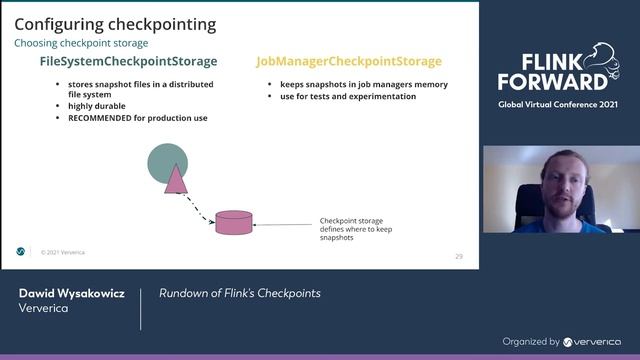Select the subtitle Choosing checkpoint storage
click(x=81, y=43)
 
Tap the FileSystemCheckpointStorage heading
click(x=128, y=62)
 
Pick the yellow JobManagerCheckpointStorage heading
click(x=349, y=62)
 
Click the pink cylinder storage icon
click(x=234, y=222)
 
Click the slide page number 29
click(x=459, y=257)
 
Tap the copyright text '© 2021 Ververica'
click(x=63, y=252)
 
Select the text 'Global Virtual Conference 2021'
click(x=560, y=104)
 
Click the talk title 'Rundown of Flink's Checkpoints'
click(x=240, y=293)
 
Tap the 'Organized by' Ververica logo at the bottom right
click(x=592, y=341)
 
